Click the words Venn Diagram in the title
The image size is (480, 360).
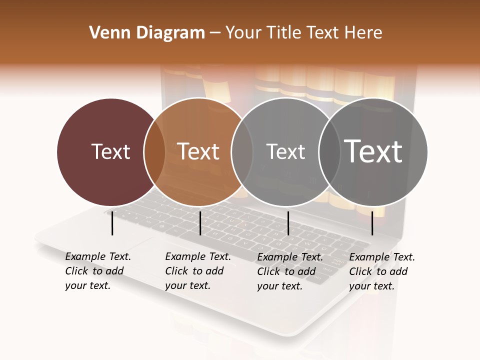coord(147,33)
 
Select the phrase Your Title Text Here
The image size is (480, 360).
coord(303,33)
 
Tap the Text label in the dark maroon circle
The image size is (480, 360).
coord(110,151)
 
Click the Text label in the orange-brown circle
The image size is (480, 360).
coord(198,151)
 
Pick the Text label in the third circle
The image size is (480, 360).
coord(285,151)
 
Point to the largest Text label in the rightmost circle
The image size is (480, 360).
coord(373,151)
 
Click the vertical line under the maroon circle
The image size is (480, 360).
coord(112,223)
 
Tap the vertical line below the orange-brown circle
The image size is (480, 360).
coord(200,223)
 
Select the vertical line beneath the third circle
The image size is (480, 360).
coord(288,223)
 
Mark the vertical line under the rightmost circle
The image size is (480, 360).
coord(372,223)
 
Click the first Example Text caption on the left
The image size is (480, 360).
coord(97,271)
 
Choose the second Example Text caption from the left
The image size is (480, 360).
coord(197,271)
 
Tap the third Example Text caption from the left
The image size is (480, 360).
coord(289,271)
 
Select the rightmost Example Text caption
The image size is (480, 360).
coord(381,271)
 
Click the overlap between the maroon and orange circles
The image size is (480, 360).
coord(154,151)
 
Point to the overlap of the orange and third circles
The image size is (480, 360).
coord(242,151)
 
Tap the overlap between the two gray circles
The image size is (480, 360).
coord(329,151)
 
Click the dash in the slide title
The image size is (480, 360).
coord(215,33)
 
